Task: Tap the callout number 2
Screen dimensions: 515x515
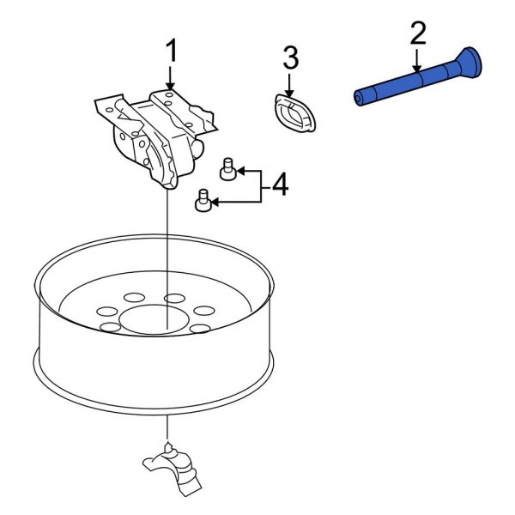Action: (417, 34)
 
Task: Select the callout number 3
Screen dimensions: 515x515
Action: (290, 58)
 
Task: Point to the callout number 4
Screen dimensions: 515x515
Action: (279, 185)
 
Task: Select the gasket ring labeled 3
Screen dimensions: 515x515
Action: (294, 114)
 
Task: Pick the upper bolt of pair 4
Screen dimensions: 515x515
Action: (228, 170)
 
